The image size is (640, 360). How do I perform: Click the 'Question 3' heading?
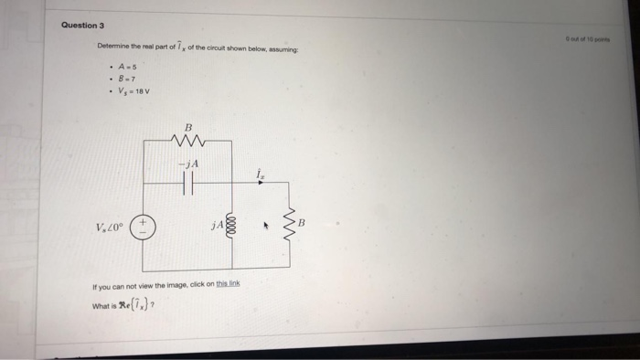tap(82, 25)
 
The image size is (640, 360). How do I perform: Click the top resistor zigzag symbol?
tap(189, 141)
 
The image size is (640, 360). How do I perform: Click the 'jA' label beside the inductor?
tap(216, 225)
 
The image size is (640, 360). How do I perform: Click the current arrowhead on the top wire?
tap(260, 183)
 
